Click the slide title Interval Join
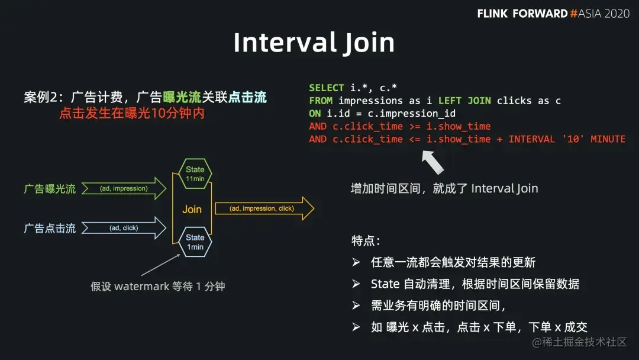[314, 43]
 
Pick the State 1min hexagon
[195, 242]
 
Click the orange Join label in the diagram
[192, 209]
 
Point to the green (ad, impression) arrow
[124, 188]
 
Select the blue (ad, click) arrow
[124, 228]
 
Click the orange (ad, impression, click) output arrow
[263, 208]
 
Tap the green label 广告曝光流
[50, 189]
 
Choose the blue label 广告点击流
[50, 229]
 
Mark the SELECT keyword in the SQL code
[326, 88]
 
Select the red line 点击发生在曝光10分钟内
[132, 113]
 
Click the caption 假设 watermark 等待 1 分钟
[157, 287]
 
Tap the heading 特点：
[366, 241]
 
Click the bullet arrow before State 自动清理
[356, 284]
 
